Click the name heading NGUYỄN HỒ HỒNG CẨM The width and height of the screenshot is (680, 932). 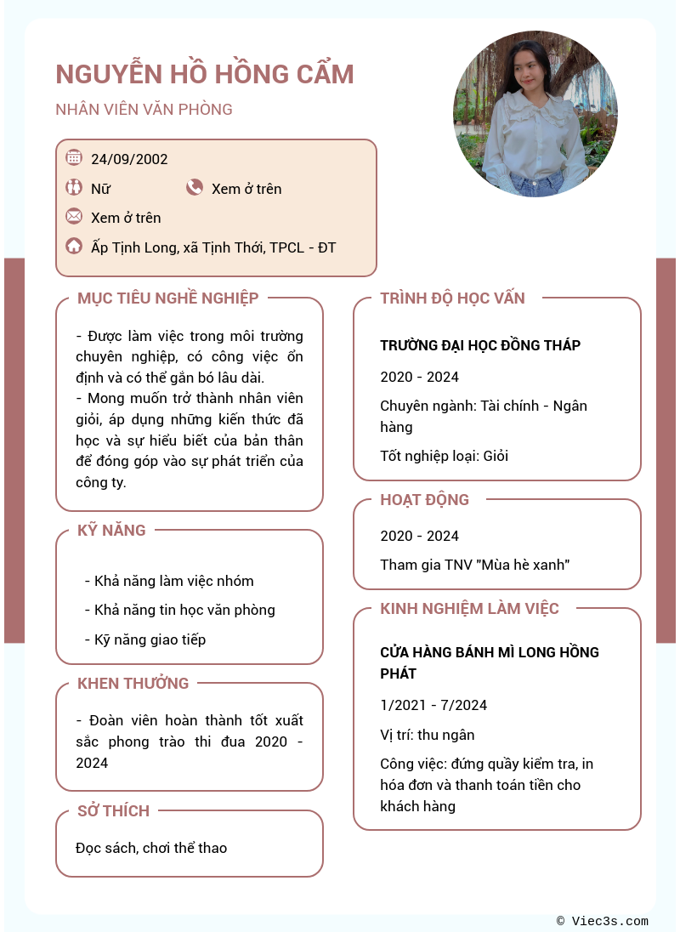(205, 75)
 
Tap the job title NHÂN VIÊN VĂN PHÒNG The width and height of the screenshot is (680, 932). (144, 110)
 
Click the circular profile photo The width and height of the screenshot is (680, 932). (535, 114)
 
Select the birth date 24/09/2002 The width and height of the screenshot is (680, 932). (129, 159)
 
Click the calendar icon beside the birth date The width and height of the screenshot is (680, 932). (74, 157)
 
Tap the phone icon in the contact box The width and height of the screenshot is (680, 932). (195, 187)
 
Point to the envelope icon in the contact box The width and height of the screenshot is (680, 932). (74, 216)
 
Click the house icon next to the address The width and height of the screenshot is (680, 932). (74, 247)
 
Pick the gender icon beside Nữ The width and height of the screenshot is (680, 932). (74, 187)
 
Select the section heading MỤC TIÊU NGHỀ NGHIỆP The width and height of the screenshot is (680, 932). (168, 298)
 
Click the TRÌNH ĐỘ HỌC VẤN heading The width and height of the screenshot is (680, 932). (452, 298)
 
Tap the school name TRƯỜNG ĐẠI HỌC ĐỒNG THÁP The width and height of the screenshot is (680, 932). (480, 345)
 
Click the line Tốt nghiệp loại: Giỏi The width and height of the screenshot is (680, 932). (444, 456)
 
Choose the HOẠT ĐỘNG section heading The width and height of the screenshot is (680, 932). (424, 500)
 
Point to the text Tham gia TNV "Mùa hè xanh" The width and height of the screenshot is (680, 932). (474, 565)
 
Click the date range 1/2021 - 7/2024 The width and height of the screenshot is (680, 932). (433, 705)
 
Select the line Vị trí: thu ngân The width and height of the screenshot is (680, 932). (427, 735)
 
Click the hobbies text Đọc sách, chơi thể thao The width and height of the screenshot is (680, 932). (151, 848)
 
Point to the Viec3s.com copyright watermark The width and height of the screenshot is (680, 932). (603, 921)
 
